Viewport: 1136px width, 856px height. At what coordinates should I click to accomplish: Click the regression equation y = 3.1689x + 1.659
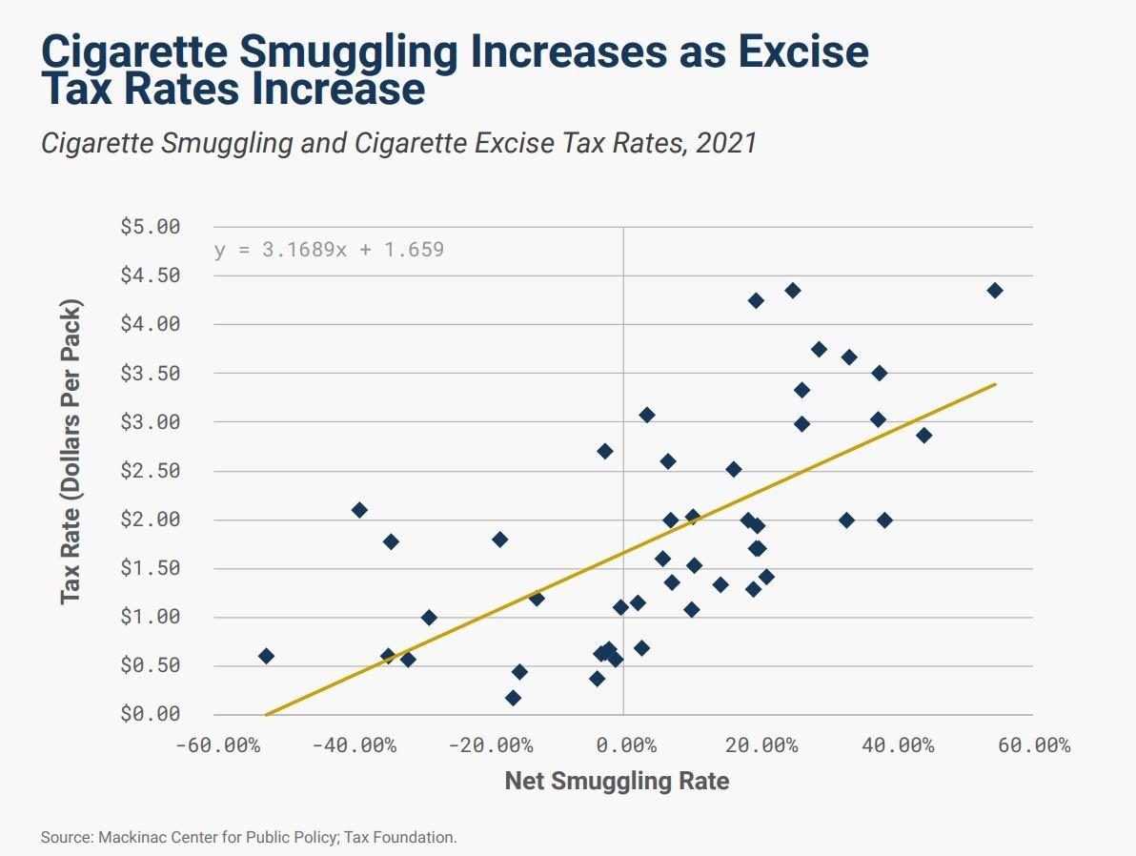[329, 251]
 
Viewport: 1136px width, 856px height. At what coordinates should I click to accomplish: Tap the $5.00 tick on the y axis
[150, 227]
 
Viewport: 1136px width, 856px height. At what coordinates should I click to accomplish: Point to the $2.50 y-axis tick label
[150, 471]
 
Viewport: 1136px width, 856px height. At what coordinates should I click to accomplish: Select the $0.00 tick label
[150, 714]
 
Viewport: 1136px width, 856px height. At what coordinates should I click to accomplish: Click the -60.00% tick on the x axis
[217, 744]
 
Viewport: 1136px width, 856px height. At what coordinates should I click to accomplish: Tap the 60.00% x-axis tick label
[1034, 744]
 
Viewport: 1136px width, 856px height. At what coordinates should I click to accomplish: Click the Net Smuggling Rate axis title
[617, 782]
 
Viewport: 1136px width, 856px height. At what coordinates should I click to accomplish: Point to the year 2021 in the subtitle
[726, 143]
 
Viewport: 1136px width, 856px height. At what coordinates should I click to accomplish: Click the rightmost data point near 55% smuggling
[995, 291]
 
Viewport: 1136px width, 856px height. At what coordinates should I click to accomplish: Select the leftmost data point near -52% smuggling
[266, 656]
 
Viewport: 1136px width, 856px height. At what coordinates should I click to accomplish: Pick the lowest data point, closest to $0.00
[513, 698]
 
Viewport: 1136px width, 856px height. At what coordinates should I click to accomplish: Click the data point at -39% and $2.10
[359, 510]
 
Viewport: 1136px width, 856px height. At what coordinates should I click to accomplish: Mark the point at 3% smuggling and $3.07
[647, 415]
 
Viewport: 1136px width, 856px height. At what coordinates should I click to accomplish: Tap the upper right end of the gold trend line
[995, 384]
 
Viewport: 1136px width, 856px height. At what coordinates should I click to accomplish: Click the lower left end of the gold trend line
[267, 714]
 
